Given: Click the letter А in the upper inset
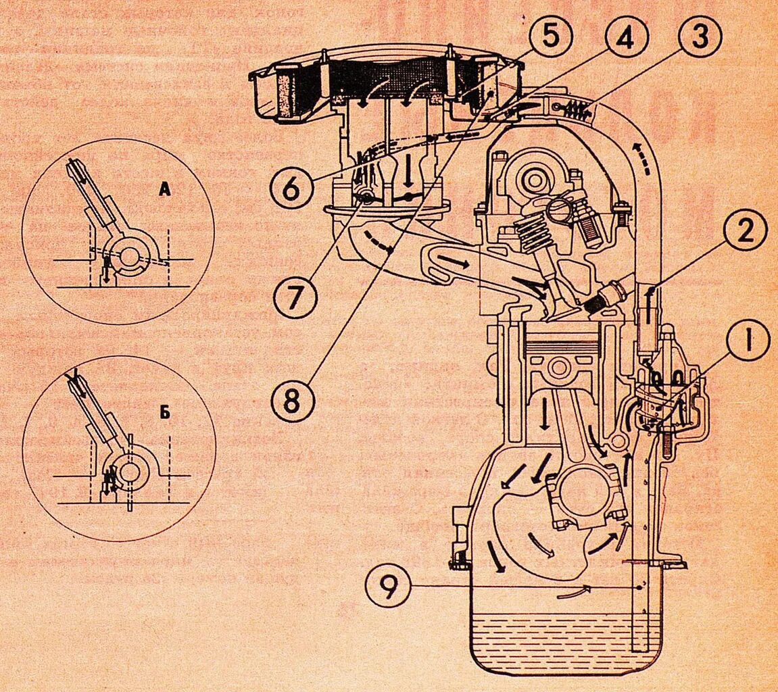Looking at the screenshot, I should tap(164, 191).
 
